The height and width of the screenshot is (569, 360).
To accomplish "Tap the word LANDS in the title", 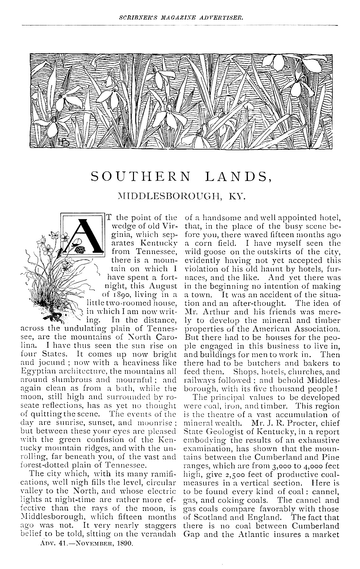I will tap(236, 177).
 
